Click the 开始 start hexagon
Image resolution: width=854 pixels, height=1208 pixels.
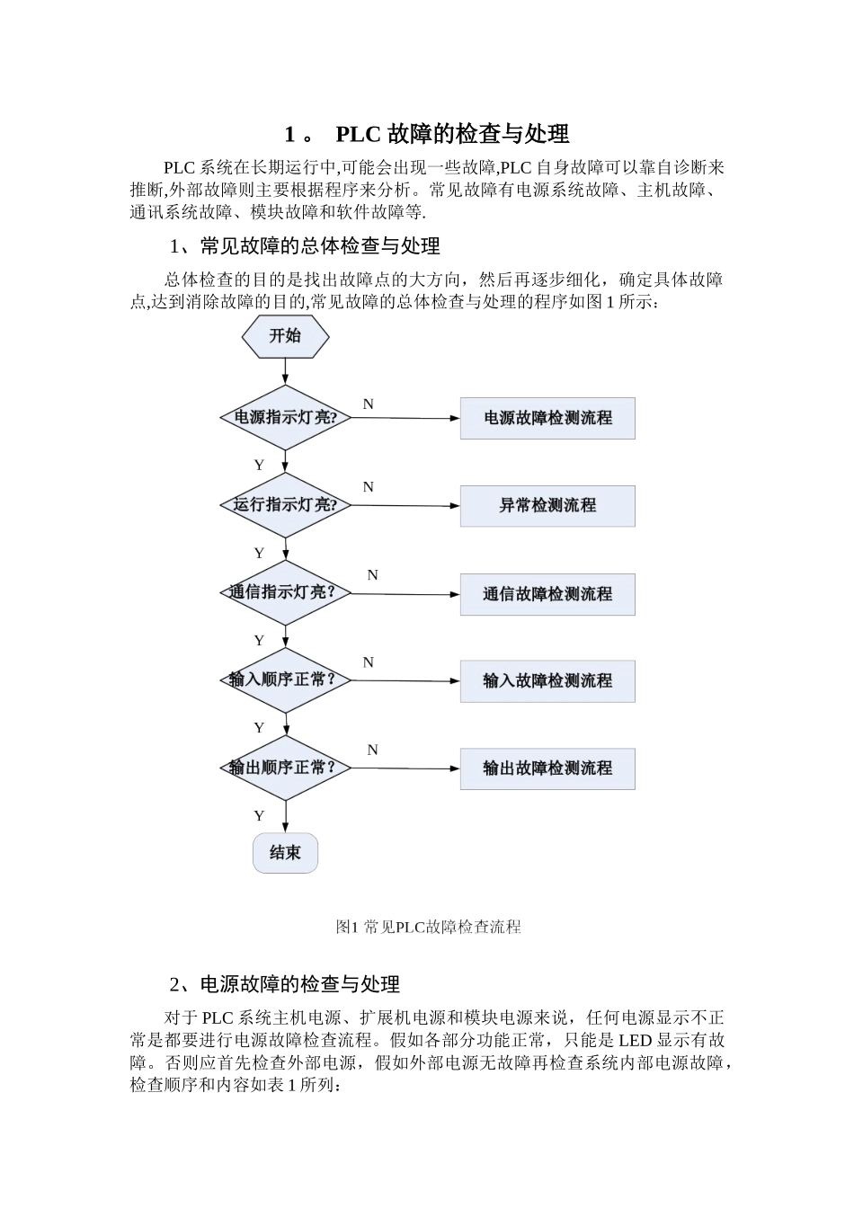click(285, 336)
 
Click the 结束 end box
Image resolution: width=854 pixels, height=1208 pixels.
click(285, 852)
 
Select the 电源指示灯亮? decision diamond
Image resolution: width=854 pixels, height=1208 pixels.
click(285, 418)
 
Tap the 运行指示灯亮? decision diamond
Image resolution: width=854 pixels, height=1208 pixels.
click(285, 505)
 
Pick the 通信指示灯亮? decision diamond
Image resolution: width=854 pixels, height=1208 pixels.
click(285, 592)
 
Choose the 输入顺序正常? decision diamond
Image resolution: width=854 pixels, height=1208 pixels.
click(285, 679)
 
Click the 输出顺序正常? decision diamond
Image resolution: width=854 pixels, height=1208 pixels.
click(285, 768)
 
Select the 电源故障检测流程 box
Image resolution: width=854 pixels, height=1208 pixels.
click(547, 418)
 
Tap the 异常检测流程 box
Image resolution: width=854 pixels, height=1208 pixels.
click(547, 506)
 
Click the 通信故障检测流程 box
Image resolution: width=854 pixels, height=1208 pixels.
click(547, 594)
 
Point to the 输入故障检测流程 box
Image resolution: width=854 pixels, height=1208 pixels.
click(547, 681)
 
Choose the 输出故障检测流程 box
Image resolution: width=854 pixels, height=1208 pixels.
click(547, 768)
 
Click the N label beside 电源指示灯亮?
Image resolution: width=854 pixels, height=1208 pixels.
click(368, 404)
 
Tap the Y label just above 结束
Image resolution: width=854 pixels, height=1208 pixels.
click(259, 816)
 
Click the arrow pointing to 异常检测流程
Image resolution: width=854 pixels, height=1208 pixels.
click(405, 506)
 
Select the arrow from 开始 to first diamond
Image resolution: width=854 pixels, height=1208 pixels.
click(285, 369)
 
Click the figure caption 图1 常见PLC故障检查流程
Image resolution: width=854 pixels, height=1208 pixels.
click(428, 927)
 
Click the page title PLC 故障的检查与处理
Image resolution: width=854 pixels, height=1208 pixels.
click(452, 135)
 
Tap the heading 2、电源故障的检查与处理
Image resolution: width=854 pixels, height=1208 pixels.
click(285, 984)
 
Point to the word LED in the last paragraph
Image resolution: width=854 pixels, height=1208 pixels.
click(635, 1041)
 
